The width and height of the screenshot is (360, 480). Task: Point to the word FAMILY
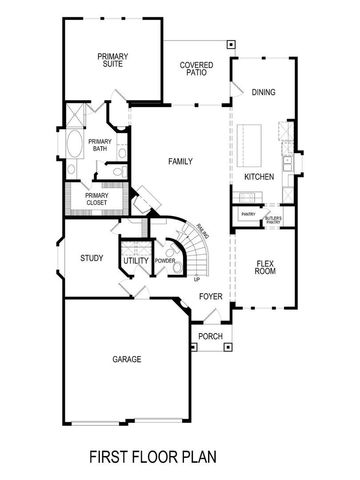(181, 161)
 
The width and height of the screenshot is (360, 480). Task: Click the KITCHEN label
(259, 177)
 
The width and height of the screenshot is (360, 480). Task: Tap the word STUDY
(92, 259)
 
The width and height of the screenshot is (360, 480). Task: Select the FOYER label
(210, 297)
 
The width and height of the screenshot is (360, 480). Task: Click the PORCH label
(210, 336)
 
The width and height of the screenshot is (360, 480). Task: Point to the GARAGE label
(126, 359)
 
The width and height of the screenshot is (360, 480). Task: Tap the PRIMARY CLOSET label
(96, 199)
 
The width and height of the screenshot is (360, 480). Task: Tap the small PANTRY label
(246, 214)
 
